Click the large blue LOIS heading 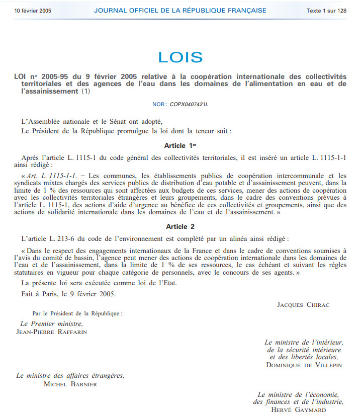pos(180,57)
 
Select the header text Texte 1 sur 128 pos(326,11)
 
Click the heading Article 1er pos(179,145)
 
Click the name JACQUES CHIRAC pos(303,304)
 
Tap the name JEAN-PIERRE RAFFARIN pos(52,331)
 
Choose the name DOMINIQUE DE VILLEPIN pos(304,365)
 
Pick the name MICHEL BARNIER pos(70,384)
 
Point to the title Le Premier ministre pos(52,324)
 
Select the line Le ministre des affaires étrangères pos(70,376)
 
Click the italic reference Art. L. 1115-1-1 pos(52,176)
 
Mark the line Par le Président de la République pos(77,313)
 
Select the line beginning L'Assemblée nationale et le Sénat pos(92,121)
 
